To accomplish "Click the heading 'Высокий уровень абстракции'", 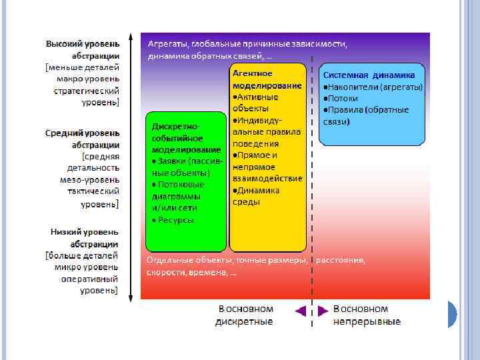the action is coord(83,49).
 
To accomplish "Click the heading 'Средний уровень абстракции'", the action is coord(83,138).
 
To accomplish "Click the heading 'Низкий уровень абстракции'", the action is coord(85,237).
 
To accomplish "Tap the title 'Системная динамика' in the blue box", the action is coord(369,75).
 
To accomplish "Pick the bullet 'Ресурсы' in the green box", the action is coord(175,219).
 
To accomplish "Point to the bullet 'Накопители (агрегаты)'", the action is coord(374,87).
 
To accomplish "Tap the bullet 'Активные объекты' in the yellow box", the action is coord(257,103).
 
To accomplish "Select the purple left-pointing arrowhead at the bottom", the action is coord(300,310).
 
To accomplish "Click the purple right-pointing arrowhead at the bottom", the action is coord(323,310).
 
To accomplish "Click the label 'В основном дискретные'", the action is coord(245,315).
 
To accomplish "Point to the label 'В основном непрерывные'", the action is coord(367,315).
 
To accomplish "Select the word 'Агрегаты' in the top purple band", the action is coord(167,44).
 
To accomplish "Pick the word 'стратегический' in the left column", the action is coord(87,91).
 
